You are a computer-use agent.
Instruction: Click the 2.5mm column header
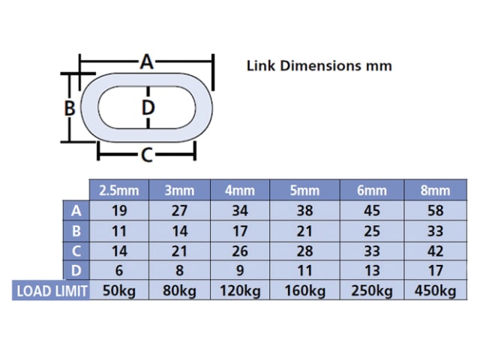pyautogui.click(x=119, y=191)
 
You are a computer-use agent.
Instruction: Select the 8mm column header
pyautogui.click(x=435, y=191)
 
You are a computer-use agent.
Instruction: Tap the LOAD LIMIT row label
pyautogui.click(x=52, y=290)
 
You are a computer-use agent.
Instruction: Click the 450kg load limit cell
pyautogui.click(x=435, y=290)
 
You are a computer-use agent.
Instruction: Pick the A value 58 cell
pyautogui.click(x=435, y=211)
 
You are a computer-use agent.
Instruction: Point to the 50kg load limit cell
pyautogui.click(x=119, y=290)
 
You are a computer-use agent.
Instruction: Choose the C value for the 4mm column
pyautogui.click(x=240, y=251)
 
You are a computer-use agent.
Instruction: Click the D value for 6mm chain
pyautogui.click(x=372, y=270)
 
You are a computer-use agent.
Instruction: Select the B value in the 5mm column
pyautogui.click(x=304, y=231)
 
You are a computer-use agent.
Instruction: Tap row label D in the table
pyautogui.click(x=76, y=270)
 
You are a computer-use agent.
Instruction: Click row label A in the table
pyautogui.click(x=76, y=211)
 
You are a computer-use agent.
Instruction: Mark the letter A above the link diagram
pyautogui.click(x=147, y=62)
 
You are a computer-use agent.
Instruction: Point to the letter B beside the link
pyautogui.click(x=70, y=108)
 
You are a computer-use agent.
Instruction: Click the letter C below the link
pyautogui.click(x=147, y=155)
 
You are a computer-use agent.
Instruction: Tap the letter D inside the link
pyautogui.click(x=148, y=107)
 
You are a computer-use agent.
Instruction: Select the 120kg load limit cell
pyautogui.click(x=240, y=290)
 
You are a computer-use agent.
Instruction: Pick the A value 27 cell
pyautogui.click(x=179, y=211)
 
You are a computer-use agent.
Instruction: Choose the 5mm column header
pyautogui.click(x=304, y=191)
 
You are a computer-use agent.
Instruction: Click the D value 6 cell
pyautogui.click(x=119, y=270)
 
